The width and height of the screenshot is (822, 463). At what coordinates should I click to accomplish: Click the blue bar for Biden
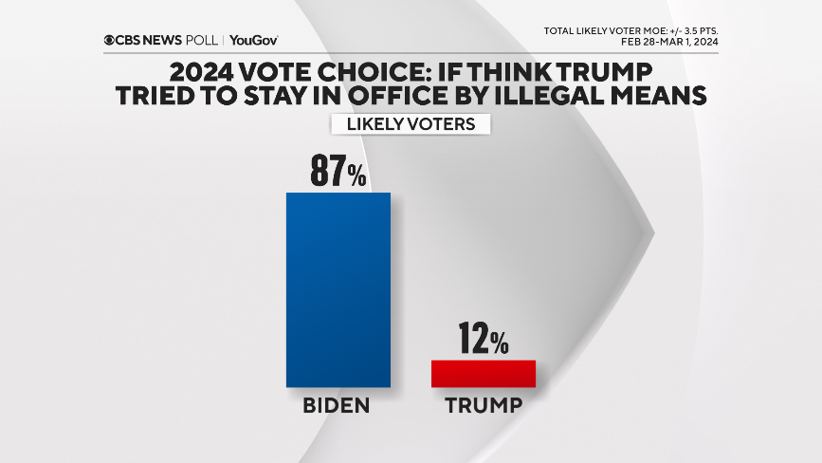point(338,289)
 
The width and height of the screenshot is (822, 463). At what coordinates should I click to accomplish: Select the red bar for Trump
point(484,373)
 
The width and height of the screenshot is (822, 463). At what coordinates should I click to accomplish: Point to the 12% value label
point(484,339)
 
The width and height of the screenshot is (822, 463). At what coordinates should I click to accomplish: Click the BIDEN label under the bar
point(336,406)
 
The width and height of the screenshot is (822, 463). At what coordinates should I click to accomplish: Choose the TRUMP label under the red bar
point(484,406)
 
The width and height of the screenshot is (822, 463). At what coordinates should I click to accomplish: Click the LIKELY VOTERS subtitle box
point(410,124)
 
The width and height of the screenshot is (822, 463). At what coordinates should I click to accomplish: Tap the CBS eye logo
point(111,41)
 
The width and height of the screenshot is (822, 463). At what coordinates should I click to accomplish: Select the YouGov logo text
point(253,41)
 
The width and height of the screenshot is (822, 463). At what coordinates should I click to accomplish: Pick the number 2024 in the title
point(208,73)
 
